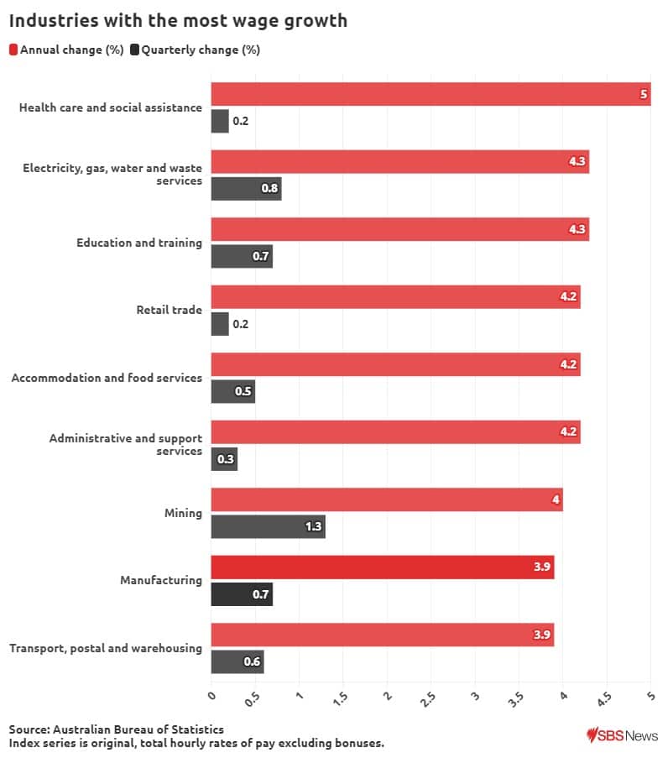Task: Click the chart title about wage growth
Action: tap(178, 20)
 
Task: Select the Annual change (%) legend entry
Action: tap(66, 50)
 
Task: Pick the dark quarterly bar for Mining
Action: tap(267, 527)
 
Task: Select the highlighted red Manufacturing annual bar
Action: tap(382, 567)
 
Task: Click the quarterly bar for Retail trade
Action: tap(219, 324)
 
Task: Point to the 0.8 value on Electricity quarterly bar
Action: tap(269, 189)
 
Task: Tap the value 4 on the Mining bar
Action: tap(556, 500)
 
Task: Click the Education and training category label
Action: tap(139, 243)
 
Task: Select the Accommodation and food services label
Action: tap(107, 378)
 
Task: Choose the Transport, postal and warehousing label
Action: tap(106, 648)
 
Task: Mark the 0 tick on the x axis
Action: tap(211, 696)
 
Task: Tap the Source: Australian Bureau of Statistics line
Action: tap(117, 729)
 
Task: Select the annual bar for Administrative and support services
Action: tap(395, 432)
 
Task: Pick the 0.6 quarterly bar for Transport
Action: tap(237, 661)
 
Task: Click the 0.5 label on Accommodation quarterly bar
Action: tap(243, 392)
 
